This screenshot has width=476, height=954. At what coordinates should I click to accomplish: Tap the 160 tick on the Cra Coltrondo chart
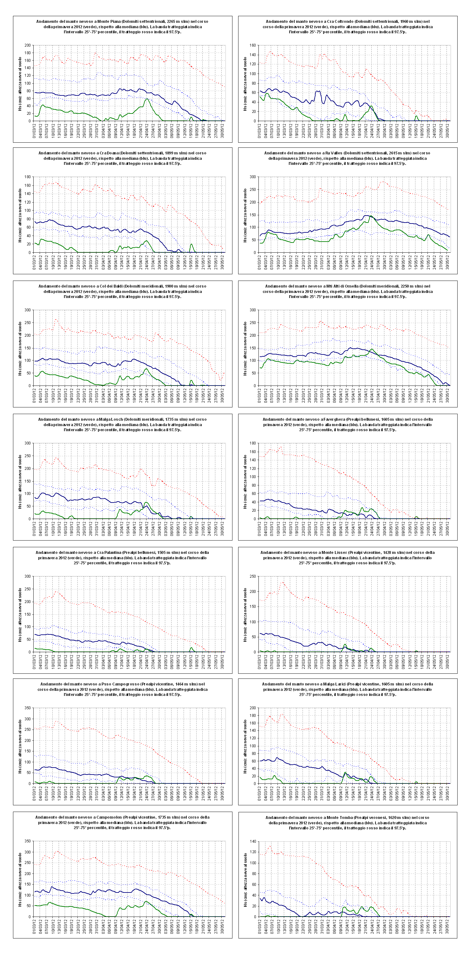point(253,45)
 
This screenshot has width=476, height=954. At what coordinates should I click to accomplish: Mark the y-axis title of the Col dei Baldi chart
point(20,348)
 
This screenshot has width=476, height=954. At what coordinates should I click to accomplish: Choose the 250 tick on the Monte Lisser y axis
point(253,576)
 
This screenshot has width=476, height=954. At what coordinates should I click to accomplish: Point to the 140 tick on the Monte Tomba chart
point(253,841)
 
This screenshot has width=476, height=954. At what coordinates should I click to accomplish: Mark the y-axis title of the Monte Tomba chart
point(245,879)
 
